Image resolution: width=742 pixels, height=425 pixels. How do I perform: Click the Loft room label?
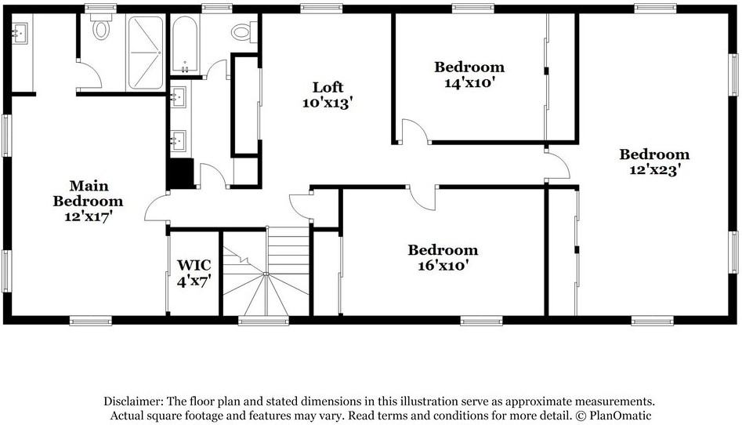pyautogui.click(x=327, y=87)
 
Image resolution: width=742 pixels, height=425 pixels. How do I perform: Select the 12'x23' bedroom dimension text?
pyautogui.click(x=654, y=169)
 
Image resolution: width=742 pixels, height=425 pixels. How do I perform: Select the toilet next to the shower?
pyautogui.click(x=101, y=30)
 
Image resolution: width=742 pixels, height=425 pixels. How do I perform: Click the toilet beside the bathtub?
pyautogui.click(x=241, y=33)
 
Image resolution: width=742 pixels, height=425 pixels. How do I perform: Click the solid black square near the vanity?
pyautogui.click(x=181, y=173)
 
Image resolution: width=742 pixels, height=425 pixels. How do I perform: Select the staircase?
pyautogui.click(x=266, y=274)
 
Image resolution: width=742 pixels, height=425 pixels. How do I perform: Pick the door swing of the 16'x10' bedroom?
pyautogui.click(x=424, y=196)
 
